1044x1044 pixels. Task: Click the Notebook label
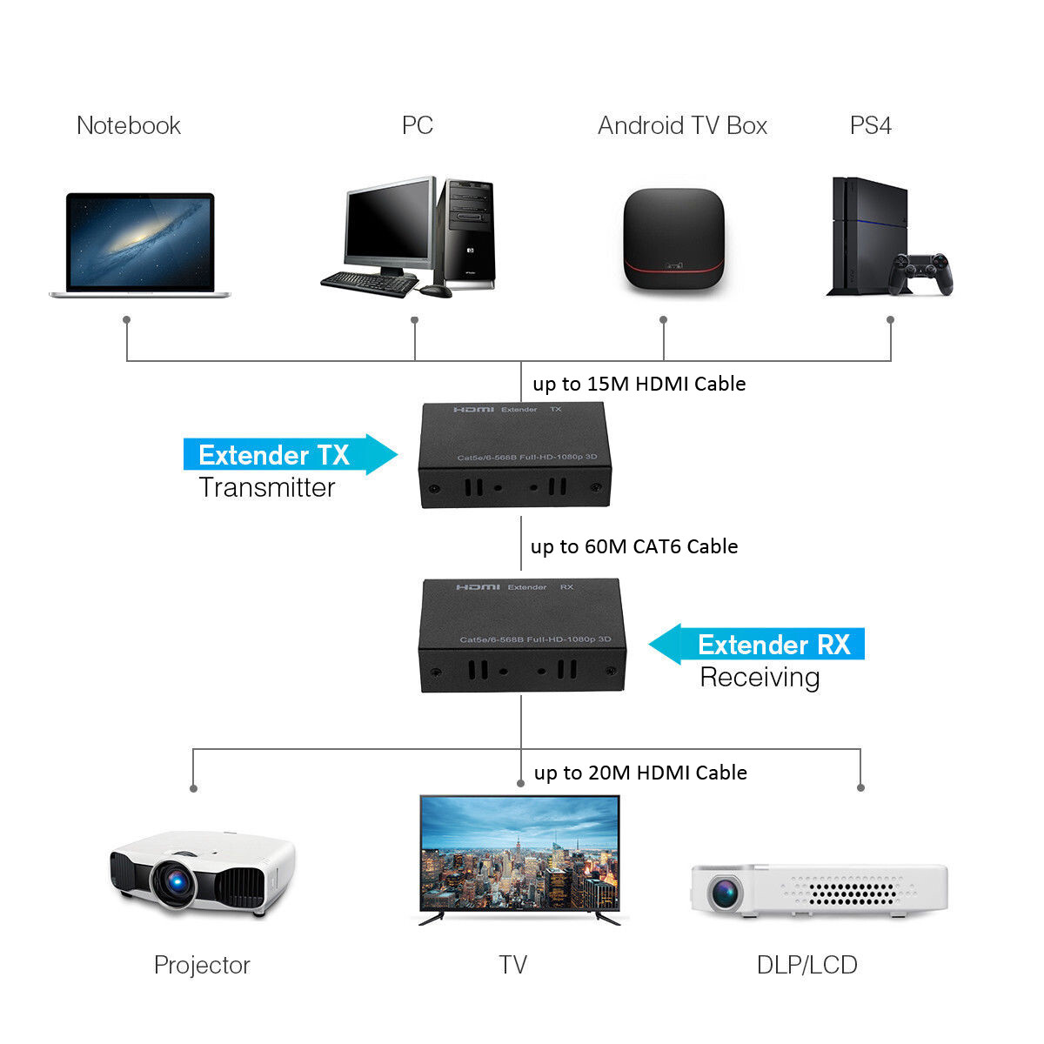tap(129, 125)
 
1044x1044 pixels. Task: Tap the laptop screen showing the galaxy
tap(140, 243)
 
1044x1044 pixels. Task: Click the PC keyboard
tap(369, 283)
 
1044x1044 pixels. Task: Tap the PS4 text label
tap(870, 125)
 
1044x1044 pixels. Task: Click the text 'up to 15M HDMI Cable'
tap(639, 384)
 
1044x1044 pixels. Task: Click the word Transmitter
tap(266, 487)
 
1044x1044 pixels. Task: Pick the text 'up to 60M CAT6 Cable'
tap(634, 546)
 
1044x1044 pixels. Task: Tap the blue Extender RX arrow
tap(757, 645)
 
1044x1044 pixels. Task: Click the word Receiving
tap(760, 677)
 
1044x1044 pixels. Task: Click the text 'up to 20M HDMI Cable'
tap(640, 773)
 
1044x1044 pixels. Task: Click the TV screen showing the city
tap(519, 853)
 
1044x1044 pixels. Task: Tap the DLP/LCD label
tap(806, 965)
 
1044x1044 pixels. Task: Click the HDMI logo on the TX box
tap(473, 409)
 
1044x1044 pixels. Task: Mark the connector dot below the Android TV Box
tap(664, 320)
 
